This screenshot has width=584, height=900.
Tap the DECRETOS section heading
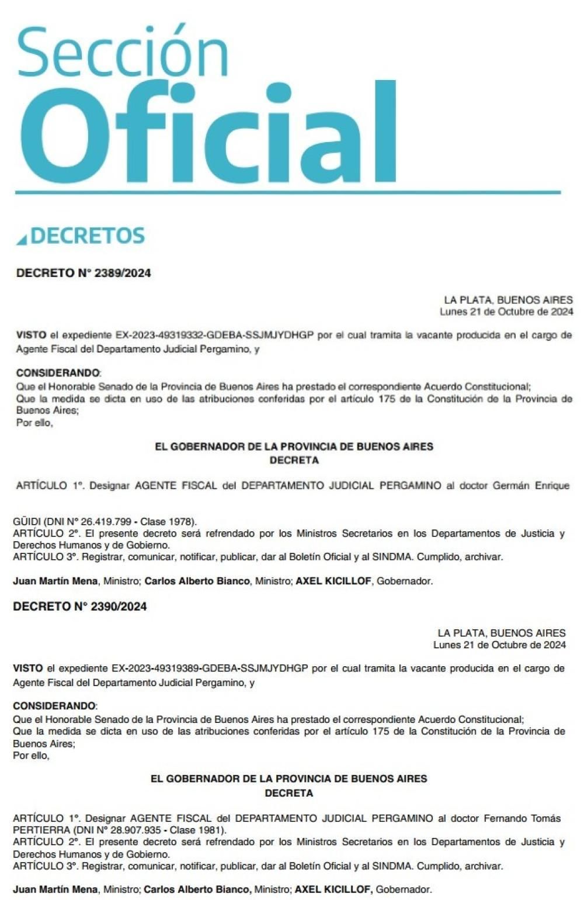[88, 236]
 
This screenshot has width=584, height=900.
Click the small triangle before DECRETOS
[22, 239]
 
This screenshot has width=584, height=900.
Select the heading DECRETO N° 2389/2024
[84, 273]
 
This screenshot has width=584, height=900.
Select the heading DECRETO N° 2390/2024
[80, 607]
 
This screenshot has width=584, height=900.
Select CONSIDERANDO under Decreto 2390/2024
[54, 706]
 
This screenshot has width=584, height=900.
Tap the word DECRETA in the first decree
[294, 461]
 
